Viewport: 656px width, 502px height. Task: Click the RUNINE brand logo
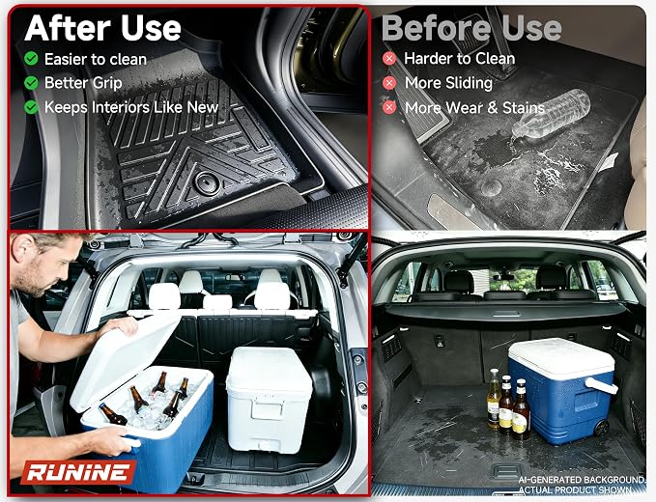pyautogui.click(x=78, y=472)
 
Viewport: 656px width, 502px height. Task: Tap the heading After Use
pyautogui.click(x=103, y=28)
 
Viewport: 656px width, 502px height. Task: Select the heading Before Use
pyautogui.click(x=471, y=28)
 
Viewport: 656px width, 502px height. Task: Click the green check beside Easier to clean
pyautogui.click(x=31, y=59)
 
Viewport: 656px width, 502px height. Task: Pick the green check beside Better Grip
pyautogui.click(x=31, y=83)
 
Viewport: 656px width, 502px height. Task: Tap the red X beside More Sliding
pyautogui.click(x=389, y=83)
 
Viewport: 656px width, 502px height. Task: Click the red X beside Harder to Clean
pyautogui.click(x=389, y=59)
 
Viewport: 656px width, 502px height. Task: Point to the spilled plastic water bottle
pyautogui.click(x=552, y=113)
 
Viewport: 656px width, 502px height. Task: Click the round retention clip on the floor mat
pyautogui.click(x=208, y=183)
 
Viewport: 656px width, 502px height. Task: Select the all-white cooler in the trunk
pyautogui.click(x=269, y=399)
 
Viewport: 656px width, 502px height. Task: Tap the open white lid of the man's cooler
pyautogui.click(x=125, y=359)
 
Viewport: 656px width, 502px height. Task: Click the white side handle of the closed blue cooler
pyautogui.click(x=601, y=385)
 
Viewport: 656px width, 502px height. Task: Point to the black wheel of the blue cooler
pyautogui.click(x=601, y=428)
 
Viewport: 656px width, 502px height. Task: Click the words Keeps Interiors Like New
pyautogui.click(x=131, y=107)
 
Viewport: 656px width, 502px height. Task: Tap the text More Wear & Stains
pyautogui.click(x=474, y=108)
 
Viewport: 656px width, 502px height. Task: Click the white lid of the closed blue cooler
pyautogui.click(x=561, y=357)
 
